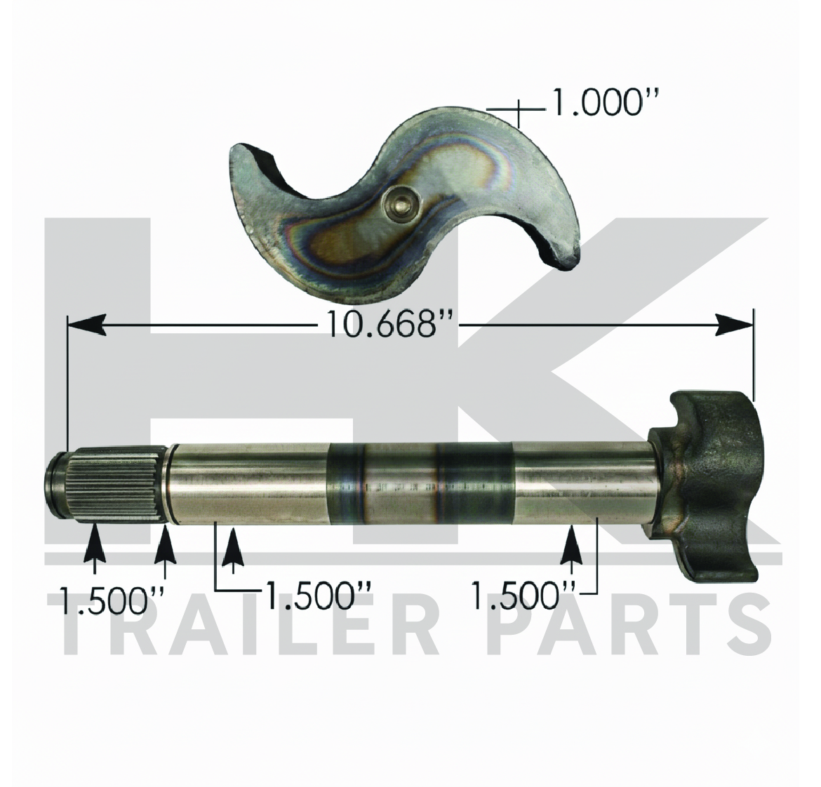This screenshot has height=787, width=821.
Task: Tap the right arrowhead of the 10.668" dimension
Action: pyautogui.click(x=734, y=323)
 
